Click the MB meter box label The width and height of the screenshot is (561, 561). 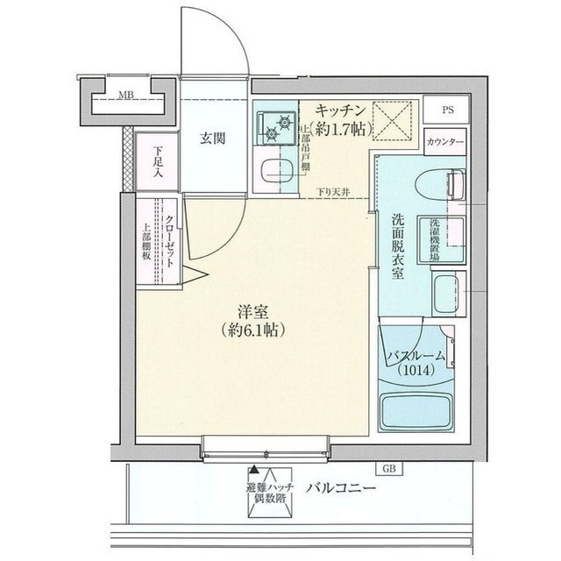(x=126, y=96)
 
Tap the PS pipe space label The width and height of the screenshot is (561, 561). (x=447, y=110)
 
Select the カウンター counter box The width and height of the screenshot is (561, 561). (x=445, y=141)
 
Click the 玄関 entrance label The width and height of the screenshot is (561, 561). (x=214, y=138)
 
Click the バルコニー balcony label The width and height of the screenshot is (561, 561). (x=341, y=488)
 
